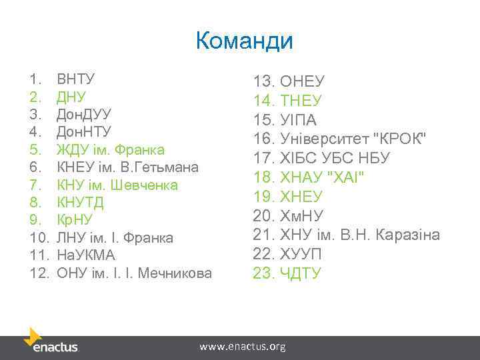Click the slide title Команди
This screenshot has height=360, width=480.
244,41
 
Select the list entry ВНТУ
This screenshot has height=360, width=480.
77,80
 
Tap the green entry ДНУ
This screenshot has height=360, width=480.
71,97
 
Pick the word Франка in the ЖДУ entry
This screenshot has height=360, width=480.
139,149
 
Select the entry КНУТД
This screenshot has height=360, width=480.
80,202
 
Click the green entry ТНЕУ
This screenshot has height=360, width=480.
301,101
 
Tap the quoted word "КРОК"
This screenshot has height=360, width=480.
400,139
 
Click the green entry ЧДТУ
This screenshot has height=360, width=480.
301,273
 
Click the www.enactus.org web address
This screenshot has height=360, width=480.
243,347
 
